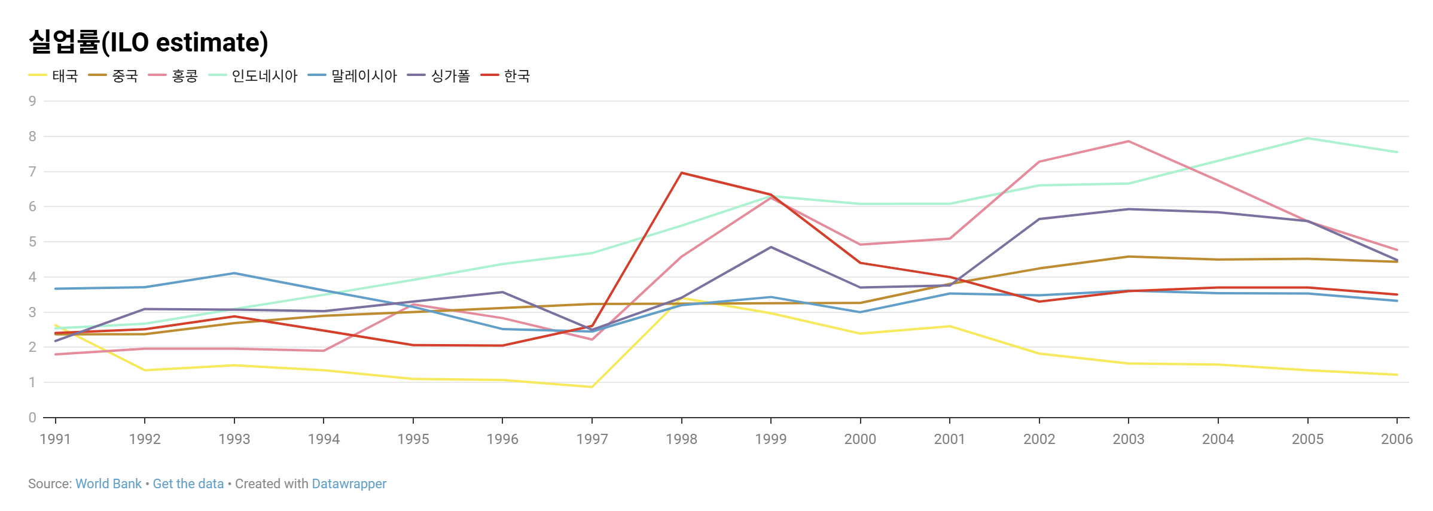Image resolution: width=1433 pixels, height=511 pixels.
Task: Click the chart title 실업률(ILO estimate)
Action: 148,42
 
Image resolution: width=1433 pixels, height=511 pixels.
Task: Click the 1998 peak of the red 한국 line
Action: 681,173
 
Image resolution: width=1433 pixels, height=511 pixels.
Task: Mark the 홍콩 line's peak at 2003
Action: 1129,141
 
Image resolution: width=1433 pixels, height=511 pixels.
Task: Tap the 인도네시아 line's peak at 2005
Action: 1307,138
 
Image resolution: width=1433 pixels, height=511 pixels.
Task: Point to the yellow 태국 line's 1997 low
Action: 592,387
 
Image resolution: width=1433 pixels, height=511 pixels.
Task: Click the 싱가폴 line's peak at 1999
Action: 771,247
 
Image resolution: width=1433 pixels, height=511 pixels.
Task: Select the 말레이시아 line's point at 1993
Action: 234,273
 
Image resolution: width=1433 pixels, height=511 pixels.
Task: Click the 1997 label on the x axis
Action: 592,439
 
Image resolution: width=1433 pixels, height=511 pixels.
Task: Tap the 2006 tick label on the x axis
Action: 1397,439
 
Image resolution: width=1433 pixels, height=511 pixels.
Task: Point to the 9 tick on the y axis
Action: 32,101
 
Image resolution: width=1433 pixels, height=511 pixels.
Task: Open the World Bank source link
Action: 108,483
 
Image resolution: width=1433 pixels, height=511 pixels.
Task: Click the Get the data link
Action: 188,483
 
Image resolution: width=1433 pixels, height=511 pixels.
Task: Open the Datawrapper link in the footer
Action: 349,483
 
